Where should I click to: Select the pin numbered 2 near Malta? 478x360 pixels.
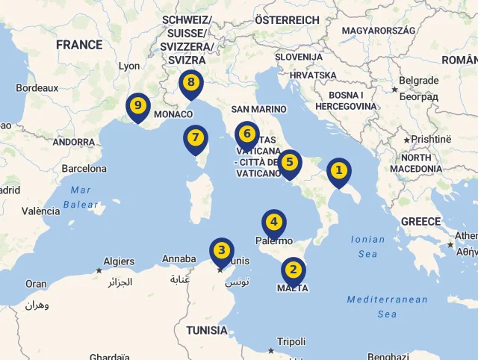click(293, 270)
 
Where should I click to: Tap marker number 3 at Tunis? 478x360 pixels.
click(221, 251)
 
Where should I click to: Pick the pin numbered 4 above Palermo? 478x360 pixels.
click(274, 223)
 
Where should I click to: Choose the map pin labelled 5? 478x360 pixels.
click(290, 162)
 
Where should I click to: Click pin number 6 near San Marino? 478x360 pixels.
click(246, 135)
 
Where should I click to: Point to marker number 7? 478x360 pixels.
click(196, 138)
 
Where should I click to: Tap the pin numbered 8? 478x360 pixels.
click(191, 83)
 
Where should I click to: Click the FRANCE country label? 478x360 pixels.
click(79, 45)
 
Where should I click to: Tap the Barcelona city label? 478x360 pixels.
click(84, 169)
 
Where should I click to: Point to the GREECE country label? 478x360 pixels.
click(420, 222)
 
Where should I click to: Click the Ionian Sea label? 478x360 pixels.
click(367, 246)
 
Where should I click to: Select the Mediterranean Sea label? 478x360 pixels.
click(387, 306)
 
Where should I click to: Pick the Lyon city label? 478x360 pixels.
click(129, 66)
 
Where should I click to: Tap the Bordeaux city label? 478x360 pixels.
click(37, 87)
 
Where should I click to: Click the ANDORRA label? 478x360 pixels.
click(74, 142)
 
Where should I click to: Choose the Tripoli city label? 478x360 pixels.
click(291, 341)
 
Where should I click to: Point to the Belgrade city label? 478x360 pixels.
click(419, 81)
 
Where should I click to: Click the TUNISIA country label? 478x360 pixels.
click(207, 330)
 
